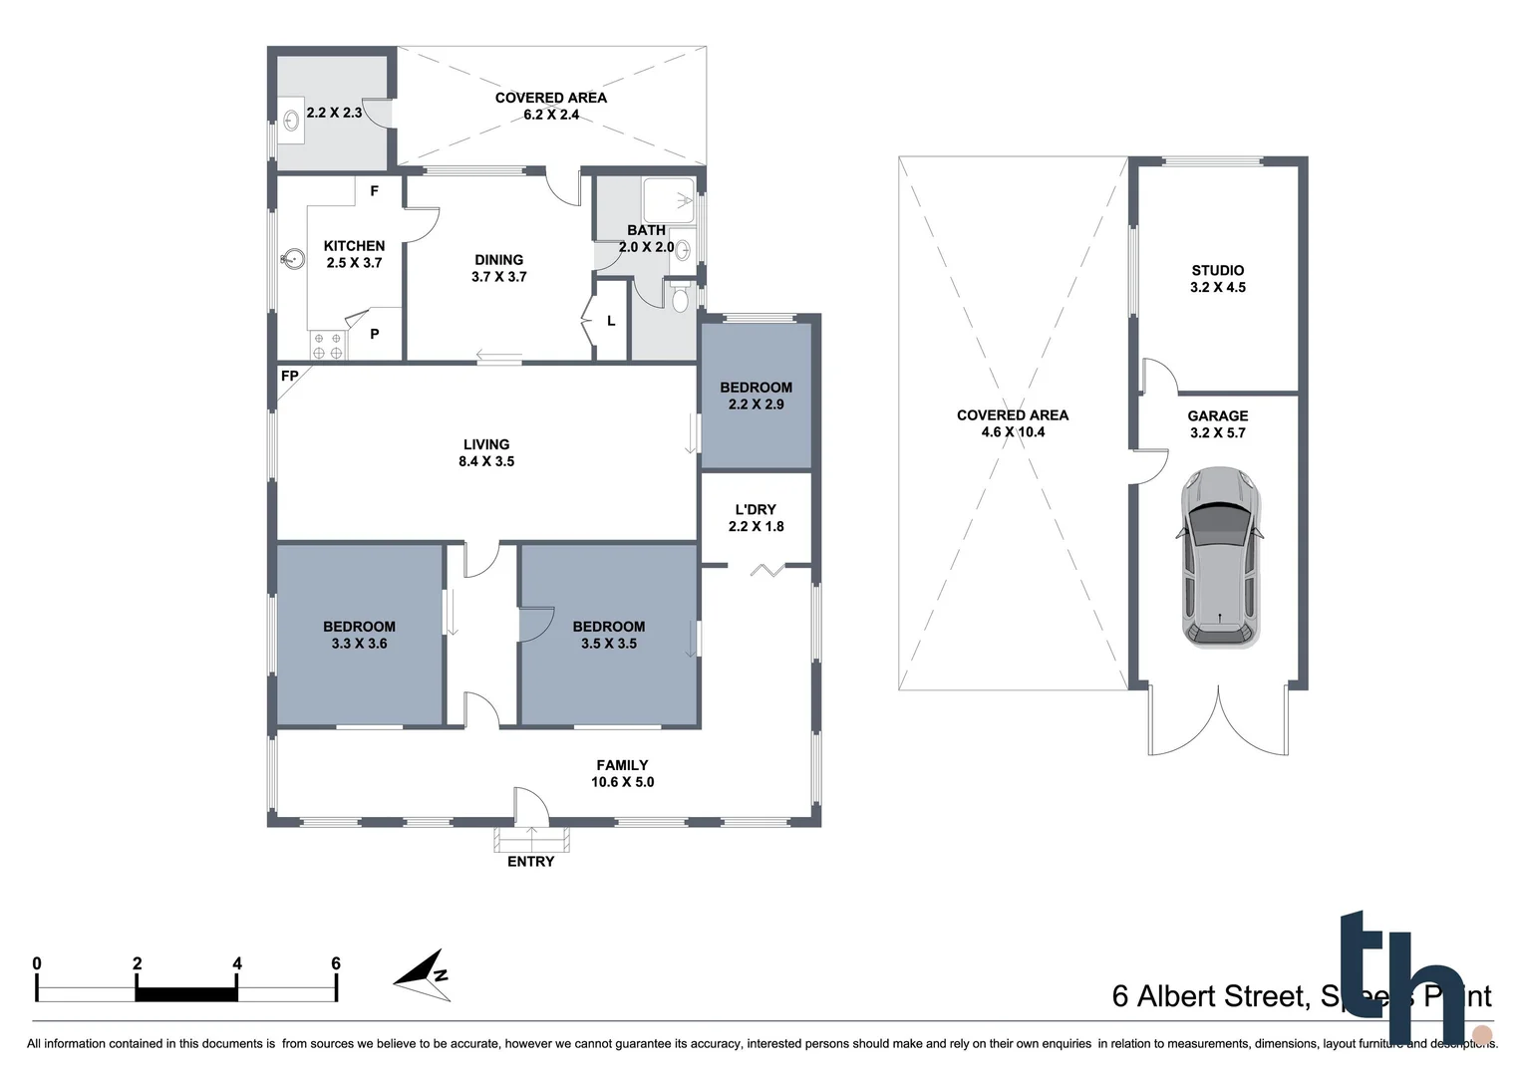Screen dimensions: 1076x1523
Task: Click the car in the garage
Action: tap(1219, 558)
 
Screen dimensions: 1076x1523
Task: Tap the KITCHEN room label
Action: tap(354, 254)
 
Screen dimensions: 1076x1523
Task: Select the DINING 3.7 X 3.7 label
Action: tap(498, 268)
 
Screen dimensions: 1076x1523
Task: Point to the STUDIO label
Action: tap(1217, 278)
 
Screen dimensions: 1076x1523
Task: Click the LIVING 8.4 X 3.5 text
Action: tap(486, 453)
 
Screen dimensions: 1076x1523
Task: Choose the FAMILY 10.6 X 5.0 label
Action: tap(622, 774)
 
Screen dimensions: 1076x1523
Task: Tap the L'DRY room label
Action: tap(756, 518)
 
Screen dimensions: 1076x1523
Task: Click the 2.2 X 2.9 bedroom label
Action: tap(756, 396)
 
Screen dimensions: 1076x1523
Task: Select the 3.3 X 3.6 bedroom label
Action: tap(359, 635)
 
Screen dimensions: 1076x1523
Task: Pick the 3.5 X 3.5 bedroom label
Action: tap(608, 635)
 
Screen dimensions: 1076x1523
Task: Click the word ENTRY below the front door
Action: tap(530, 862)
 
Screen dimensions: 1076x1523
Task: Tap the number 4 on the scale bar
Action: tap(237, 963)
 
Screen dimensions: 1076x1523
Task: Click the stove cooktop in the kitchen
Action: tap(327, 346)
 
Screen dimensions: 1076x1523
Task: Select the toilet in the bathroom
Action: tap(680, 298)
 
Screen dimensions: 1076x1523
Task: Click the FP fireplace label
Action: tap(290, 376)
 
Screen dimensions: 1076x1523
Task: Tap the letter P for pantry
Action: tap(375, 334)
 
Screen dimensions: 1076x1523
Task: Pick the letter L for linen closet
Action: tap(611, 321)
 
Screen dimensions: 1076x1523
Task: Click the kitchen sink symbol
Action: tap(291, 260)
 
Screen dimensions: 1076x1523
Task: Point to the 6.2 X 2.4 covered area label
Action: tap(551, 107)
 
